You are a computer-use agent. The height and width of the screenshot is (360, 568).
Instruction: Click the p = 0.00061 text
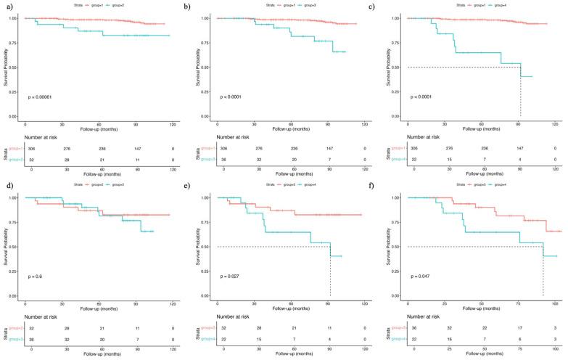pyautogui.click(x=43, y=97)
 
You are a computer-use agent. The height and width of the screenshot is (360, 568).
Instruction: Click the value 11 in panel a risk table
pyautogui.click(x=136, y=158)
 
